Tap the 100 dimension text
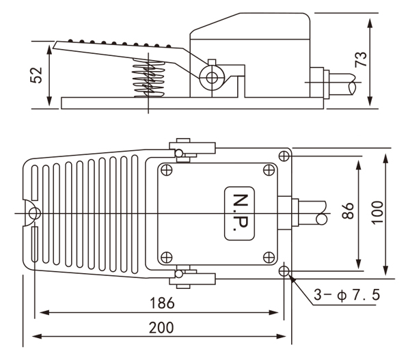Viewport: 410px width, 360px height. point(377,214)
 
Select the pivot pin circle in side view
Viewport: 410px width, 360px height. point(210,77)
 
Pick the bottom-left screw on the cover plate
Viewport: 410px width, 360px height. point(167,258)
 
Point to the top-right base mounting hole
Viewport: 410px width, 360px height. point(285,156)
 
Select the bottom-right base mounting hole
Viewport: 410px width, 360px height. point(285,272)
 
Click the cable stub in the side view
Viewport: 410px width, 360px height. point(342,81)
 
